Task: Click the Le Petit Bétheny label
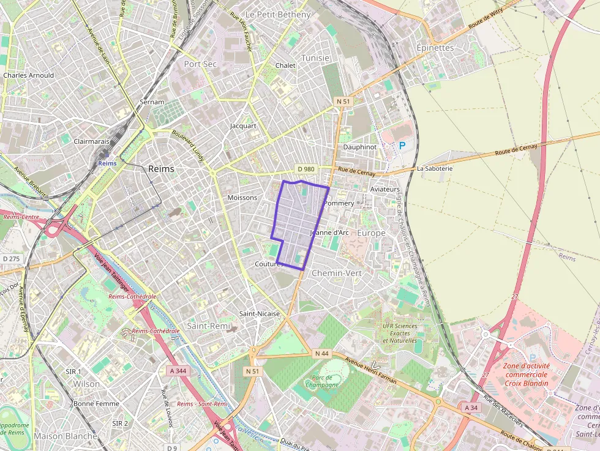pyautogui.click(x=278, y=14)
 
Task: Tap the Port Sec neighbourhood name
pyautogui.click(x=200, y=64)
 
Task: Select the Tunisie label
pyautogui.click(x=315, y=58)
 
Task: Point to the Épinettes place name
pyautogui.click(x=435, y=48)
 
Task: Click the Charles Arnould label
pyautogui.click(x=28, y=75)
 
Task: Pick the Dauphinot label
pyautogui.click(x=359, y=147)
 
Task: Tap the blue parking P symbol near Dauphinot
pyautogui.click(x=402, y=146)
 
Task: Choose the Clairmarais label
pyautogui.click(x=91, y=141)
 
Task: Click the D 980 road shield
pyautogui.click(x=307, y=169)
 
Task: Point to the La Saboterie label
pyautogui.click(x=434, y=168)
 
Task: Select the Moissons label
pyautogui.click(x=242, y=198)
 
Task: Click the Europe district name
pyautogui.click(x=371, y=233)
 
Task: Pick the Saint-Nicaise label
pyautogui.click(x=260, y=313)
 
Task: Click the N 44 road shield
pyautogui.click(x=321, y=354)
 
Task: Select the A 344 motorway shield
pyautogui.click(x=178, y=371)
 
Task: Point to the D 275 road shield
pyautogui.click(x=11, y=259)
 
